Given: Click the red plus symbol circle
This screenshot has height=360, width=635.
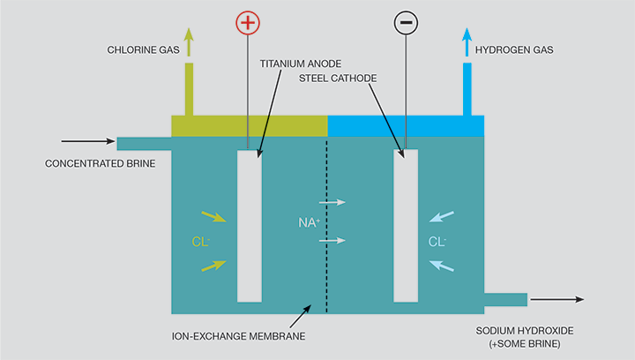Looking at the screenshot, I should tap(248, 23).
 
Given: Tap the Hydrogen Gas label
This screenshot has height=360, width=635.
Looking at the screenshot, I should tap(514, 50).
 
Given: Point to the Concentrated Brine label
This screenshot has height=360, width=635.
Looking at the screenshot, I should tap(100, 163).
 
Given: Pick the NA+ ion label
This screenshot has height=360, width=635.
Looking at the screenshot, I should tap(306, 221).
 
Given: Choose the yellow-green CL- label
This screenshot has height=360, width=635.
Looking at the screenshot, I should tap(201, 241).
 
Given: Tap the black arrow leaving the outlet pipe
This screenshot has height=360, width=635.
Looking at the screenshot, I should tap(557, 300).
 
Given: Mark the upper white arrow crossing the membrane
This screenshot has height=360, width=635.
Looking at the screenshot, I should tap(332, 203).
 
